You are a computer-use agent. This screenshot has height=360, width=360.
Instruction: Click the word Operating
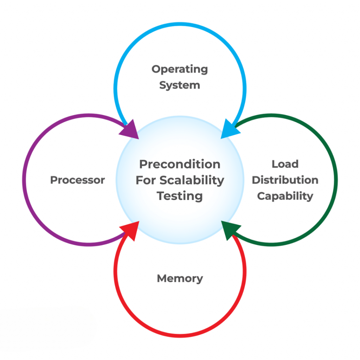(x=180, y=70)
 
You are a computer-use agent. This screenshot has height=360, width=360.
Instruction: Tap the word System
(x=180, y=85)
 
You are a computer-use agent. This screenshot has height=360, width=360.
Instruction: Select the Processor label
(x=77, y=180)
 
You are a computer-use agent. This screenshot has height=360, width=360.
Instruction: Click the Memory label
(x=180, y=278)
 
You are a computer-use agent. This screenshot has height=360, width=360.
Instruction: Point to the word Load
(x=285, y=164)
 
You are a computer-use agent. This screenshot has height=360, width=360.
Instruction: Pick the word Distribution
(x=285, y=180)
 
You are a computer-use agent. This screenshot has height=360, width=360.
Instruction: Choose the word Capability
(x=285, y=196)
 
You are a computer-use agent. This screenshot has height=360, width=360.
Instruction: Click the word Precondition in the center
(x=180, y=164)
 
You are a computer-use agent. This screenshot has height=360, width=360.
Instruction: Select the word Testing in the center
(x=180, y=196)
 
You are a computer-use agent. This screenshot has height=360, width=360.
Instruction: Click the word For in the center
(x=146, y=180)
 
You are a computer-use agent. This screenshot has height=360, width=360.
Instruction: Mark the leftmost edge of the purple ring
(x=24, y=180)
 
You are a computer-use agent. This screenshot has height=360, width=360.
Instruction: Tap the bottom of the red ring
(x=180, y=335)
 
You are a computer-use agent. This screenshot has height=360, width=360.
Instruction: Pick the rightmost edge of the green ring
(x=335, y=180)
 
